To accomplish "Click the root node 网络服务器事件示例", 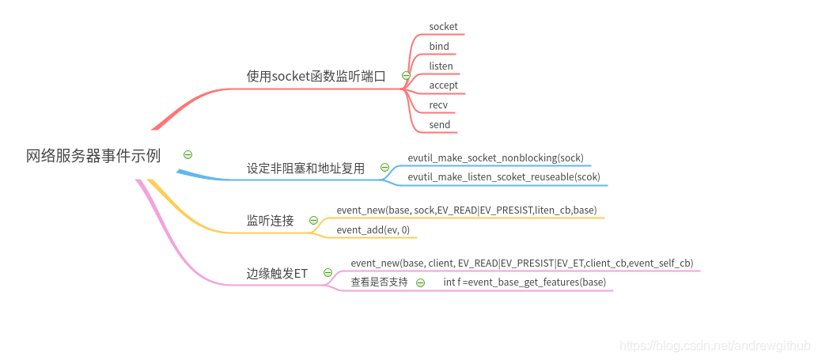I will (93, 156).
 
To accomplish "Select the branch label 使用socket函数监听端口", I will (316, 76).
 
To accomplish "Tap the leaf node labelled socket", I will (443, 27).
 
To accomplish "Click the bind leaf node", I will (439, 47).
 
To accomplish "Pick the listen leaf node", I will (441, 66).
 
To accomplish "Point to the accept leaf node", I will (443, 85).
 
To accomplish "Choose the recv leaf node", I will (438, 105).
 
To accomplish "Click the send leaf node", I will (439, 125).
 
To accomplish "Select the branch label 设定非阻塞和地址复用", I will (305, 168).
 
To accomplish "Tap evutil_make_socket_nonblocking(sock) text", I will (495, 158).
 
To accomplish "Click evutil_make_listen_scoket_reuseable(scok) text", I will (504, 177).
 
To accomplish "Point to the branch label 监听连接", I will (270, 221).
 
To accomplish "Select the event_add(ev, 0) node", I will (373, 230).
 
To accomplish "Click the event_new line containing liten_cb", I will (466, 210).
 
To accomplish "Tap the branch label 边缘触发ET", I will (277, 273).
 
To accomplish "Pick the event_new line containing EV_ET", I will (521, 263).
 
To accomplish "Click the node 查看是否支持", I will (379, 282).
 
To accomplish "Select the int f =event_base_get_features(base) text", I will (525, 282).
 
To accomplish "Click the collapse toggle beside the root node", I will (187, 154).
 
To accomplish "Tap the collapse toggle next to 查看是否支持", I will (420, 282).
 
